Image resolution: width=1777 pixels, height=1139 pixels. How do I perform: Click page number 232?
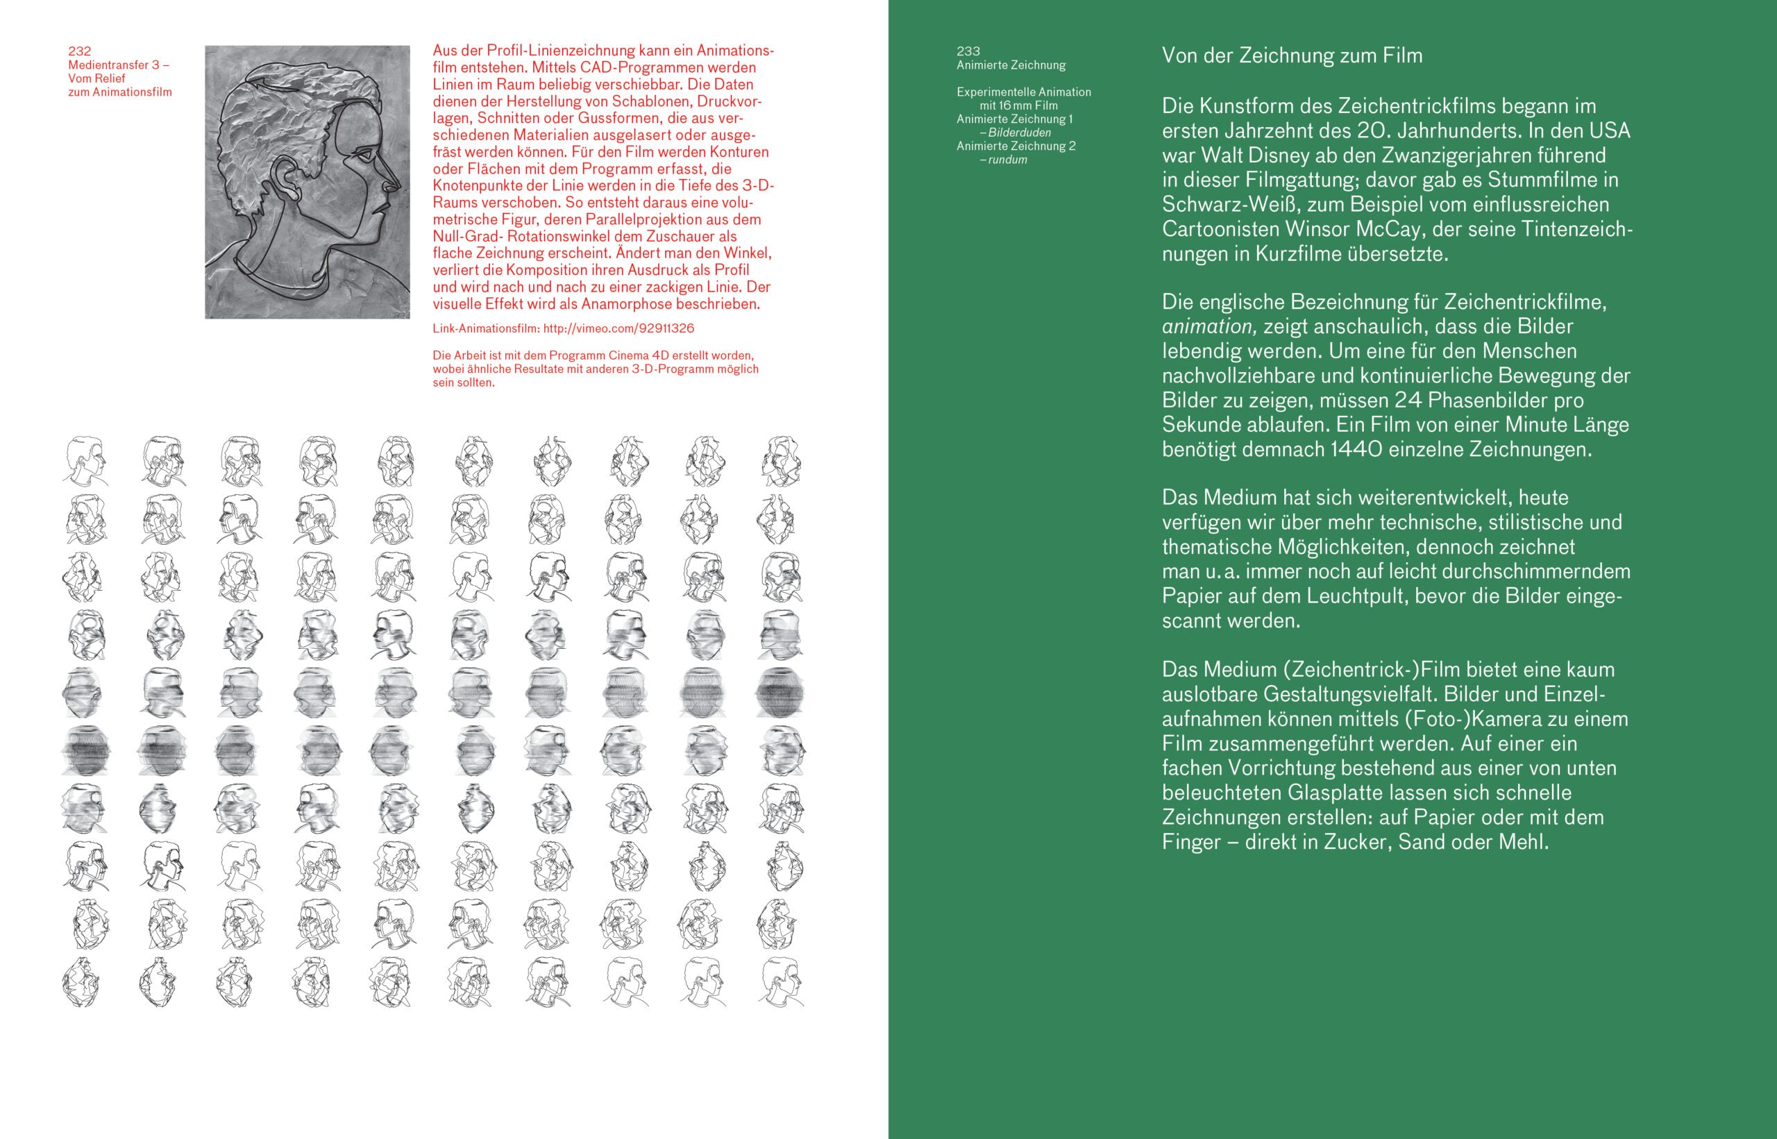[80, 51]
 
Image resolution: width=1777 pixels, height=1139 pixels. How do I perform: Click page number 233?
[968, 51]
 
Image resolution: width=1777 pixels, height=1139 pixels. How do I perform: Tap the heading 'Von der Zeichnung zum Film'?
[1292, 56]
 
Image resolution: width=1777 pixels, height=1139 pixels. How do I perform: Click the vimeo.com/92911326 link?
[618, 328]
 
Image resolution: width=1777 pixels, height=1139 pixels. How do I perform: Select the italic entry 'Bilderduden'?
[1019, 133]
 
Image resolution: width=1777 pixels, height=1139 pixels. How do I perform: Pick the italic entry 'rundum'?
[1007, 160]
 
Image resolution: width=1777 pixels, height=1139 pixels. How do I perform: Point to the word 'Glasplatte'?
[1335, 792]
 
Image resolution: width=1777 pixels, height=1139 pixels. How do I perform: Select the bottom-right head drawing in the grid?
[780, 981]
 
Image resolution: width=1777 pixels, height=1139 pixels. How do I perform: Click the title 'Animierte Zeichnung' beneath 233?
[1011, 65]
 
